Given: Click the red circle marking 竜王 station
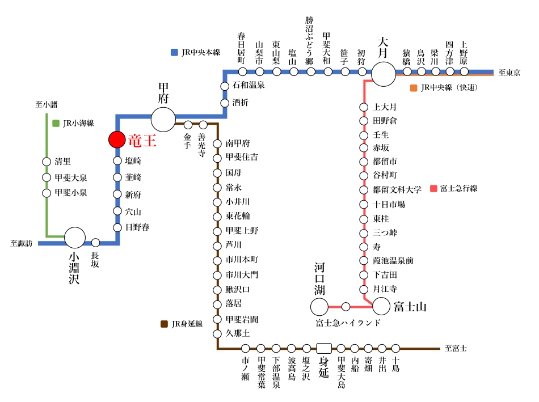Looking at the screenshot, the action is tap(117, 139).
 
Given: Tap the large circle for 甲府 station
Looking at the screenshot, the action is tap(163, 119).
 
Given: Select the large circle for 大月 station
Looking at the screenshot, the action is tap(384, 74).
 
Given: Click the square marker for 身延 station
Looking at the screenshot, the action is tap(324, 348).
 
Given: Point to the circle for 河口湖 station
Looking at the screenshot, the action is tap(319, 307).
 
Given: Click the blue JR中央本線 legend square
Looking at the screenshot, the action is tap(174, 52).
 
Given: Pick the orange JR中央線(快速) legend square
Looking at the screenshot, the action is tap(414, 88).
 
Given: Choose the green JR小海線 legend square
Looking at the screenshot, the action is tap(56, 123).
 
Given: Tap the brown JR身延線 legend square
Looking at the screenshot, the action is tap(165, 324).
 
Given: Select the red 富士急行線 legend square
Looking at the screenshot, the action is tap(434, 188).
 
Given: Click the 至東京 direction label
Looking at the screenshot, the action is tap(509, 73).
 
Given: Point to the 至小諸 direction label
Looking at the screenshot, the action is tap(47, 104).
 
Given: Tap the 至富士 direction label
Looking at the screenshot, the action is tap(456, 348).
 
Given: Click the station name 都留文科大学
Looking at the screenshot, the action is tap(397, 190).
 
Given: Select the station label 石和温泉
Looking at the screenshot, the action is tap(249, 85).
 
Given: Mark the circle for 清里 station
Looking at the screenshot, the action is tap(47, 162).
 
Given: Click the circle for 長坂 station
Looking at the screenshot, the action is tap(95, 243).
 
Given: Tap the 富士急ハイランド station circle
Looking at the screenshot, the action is tap(346, 307).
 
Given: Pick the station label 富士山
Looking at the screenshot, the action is tap(410, 307).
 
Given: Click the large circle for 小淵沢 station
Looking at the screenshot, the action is tap(75, 238).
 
